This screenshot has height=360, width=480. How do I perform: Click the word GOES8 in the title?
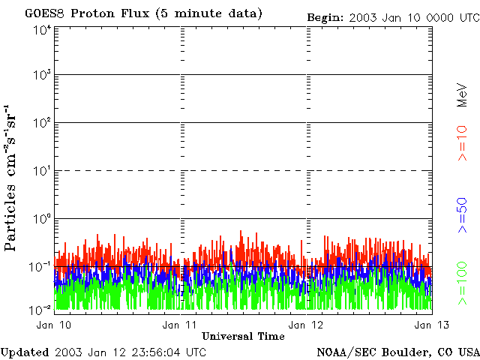click(42, 14)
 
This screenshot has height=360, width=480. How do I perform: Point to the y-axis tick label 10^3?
click(42, 76)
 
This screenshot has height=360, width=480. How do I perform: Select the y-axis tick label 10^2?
click(42, 124)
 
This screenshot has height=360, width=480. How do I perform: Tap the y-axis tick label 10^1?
click(42, 172)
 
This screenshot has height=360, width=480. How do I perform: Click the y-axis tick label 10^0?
click(42, 220)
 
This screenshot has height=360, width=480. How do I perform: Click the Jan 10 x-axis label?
click(54, 325)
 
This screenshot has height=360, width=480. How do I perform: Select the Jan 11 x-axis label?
click(180, 325)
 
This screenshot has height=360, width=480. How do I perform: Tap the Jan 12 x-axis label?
click(306, 325)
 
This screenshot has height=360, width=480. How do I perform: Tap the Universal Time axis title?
click(243, 336)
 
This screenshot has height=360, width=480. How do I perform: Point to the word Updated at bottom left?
click(25, 352)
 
